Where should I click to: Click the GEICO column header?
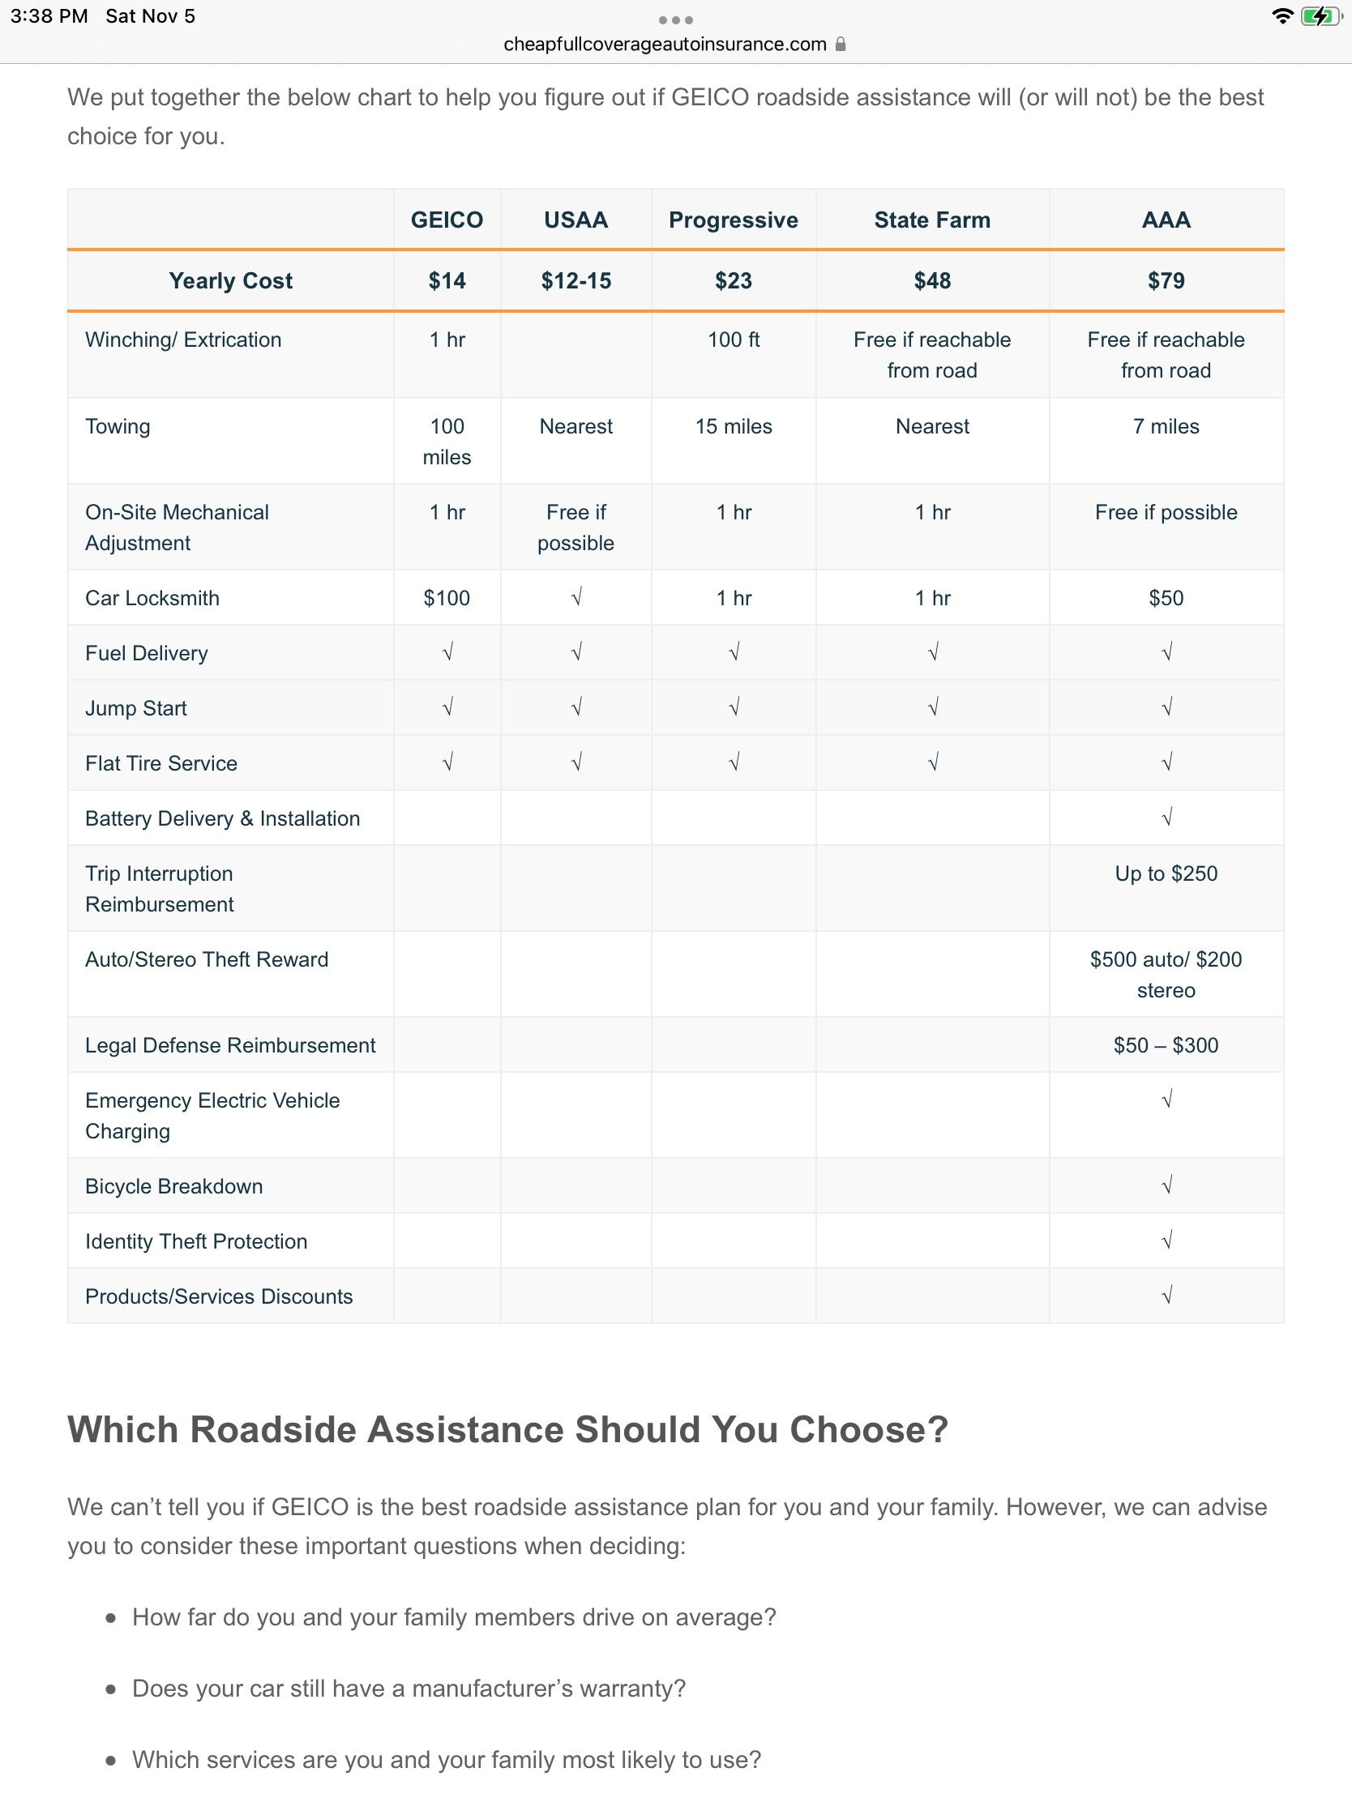[x=447, y=220]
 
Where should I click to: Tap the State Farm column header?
[x=931, y=220]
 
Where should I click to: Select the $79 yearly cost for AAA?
[x=1166, y=281]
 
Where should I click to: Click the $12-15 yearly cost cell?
[x=575, y=281]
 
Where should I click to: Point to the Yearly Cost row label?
[x=231, y=281]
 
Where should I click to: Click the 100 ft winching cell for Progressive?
[x=734, y=339]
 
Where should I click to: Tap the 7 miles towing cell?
[x=1166, y=426]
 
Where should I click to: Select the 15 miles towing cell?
[x=734, y=426]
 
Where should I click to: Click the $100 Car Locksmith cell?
[x=447, y=598]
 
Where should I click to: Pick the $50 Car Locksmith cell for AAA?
[x=1166, y=598]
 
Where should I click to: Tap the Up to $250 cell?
[x=1166, y=873]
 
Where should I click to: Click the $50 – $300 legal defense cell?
[x=1166, y=1045]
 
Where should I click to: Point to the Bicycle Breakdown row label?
[x=173, y=1186]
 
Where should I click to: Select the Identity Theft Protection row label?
[x=195, y=1241]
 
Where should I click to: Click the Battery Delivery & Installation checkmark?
[x=1166, y=818]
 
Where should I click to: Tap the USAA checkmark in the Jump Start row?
[x=576, y=708]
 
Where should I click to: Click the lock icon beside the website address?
[x=841, y=44]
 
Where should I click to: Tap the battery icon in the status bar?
[x=1319, y=16]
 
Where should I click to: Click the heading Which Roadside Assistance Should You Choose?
[x=507, y=1430]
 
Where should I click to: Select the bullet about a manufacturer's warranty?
[x=409, y=1688]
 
